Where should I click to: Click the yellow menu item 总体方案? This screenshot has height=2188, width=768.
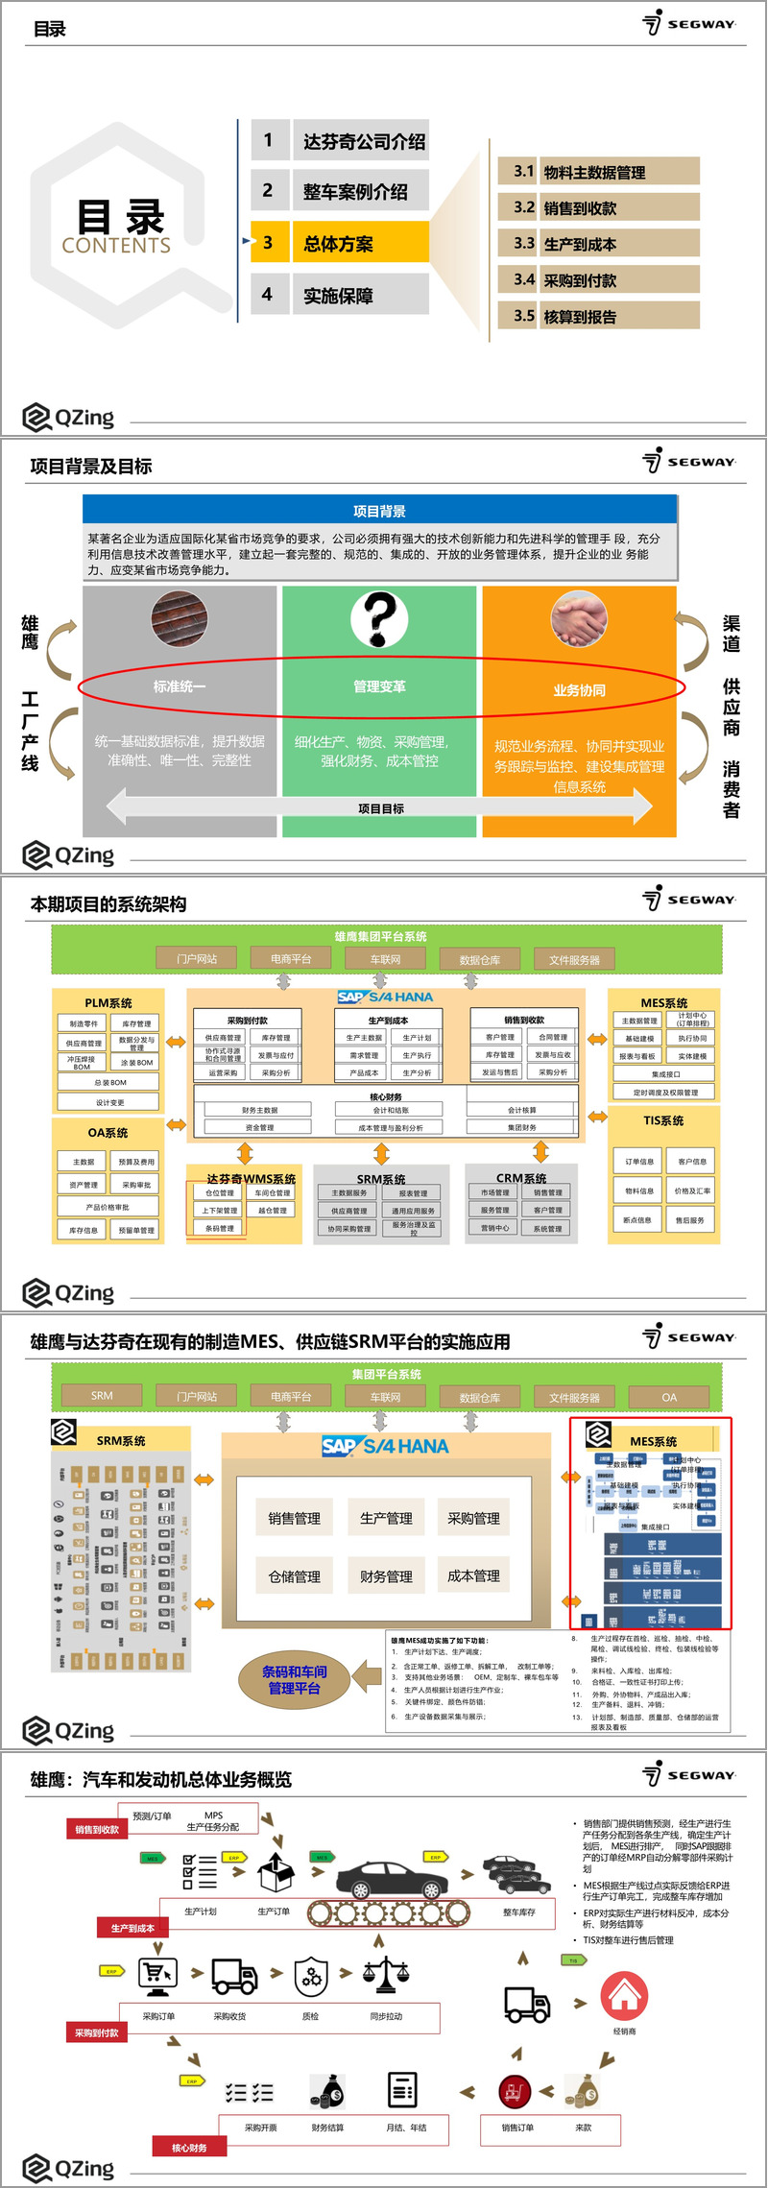(339, 243)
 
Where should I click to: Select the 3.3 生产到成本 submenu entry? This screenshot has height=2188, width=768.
(598, 244)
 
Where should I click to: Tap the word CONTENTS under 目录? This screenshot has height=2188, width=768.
(116, 246)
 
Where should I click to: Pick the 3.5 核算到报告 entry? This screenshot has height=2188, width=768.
(598, 316)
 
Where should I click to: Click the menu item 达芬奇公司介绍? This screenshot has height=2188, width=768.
(363, 141)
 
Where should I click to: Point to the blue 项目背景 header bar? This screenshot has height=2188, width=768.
(379, 511)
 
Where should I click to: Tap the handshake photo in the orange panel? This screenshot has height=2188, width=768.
(579, 618)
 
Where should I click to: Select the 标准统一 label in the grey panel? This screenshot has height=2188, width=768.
(180, 686)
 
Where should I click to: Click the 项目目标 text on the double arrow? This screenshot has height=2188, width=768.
(380, 808)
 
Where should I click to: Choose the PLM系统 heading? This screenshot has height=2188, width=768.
(108, 1002)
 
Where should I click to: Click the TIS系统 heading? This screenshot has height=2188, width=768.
(663, 1120)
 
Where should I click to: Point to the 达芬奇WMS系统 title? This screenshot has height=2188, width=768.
(251, 1178)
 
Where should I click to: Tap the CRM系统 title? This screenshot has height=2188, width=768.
(521, 1178)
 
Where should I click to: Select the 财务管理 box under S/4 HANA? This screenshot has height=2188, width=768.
(386, 1575)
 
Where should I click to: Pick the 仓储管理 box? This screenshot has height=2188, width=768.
(294, 1575)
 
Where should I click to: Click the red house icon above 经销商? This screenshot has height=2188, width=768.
(624, 1995)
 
